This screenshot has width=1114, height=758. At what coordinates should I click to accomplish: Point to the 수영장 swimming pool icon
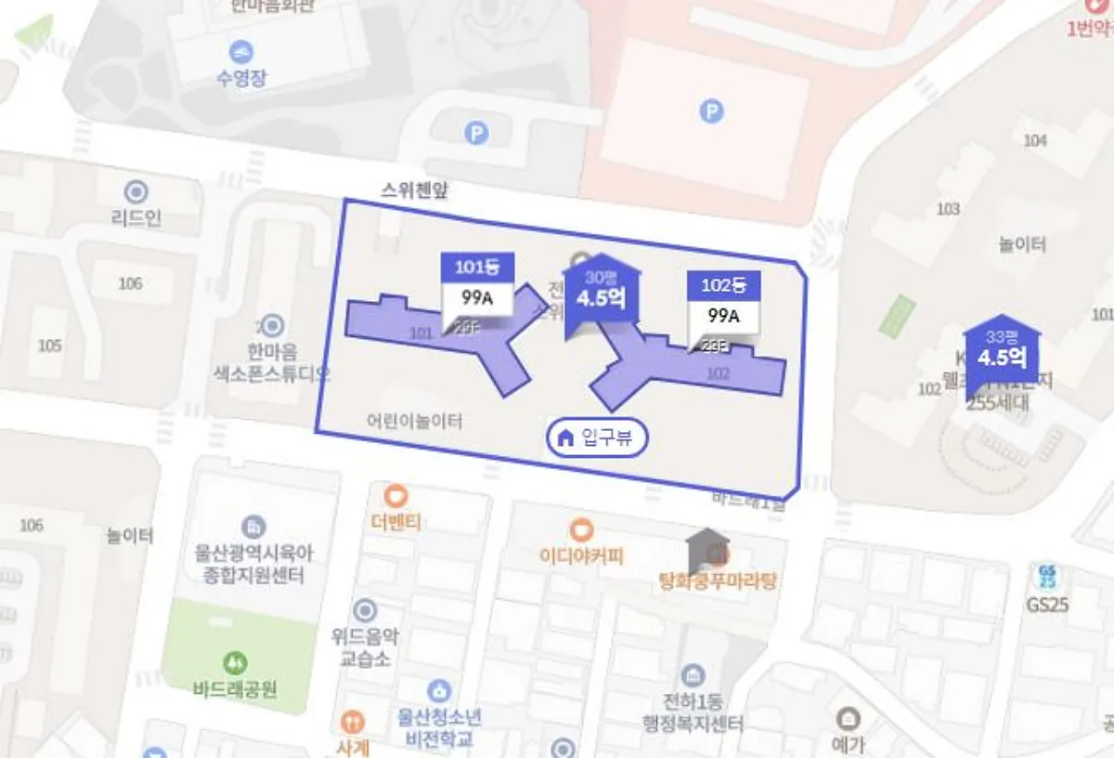[241, 53]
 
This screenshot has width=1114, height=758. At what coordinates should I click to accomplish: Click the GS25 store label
[1048, 604]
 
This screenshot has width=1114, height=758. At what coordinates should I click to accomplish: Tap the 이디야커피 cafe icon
[582, 530]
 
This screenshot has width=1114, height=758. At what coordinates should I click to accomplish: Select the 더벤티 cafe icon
[396, 496]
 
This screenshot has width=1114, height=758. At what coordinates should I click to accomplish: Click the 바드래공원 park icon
[237, 663]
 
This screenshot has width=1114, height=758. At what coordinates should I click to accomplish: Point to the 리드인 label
[136, 218]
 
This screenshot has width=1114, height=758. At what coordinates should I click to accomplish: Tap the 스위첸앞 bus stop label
[414, 189]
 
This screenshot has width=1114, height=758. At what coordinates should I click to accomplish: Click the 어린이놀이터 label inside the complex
[414, 421]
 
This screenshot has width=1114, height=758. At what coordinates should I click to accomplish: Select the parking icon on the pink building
[711, 112]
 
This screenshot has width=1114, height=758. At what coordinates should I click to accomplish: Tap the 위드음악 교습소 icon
[365, 610]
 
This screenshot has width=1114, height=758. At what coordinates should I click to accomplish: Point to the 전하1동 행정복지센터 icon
[693, 675]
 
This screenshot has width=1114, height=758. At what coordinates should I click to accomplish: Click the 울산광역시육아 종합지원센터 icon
[253, 527]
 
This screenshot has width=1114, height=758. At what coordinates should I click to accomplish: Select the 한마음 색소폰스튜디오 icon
[272, 326]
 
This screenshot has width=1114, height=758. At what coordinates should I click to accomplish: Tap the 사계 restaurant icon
[352, 722]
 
